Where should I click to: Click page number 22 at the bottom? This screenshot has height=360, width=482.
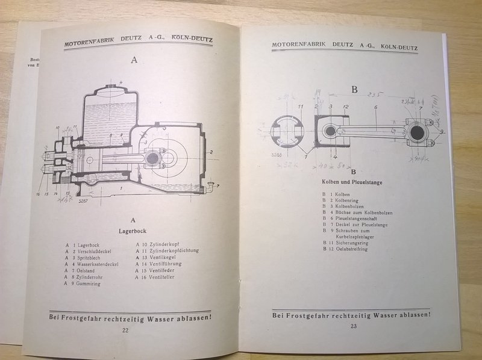[126, 330]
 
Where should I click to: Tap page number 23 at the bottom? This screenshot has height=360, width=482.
[353, 326]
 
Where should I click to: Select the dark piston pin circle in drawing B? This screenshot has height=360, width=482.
[331, 132]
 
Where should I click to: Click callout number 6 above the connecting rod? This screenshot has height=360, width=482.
[375, 108]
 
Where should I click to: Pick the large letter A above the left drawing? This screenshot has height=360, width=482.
[134, 60]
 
